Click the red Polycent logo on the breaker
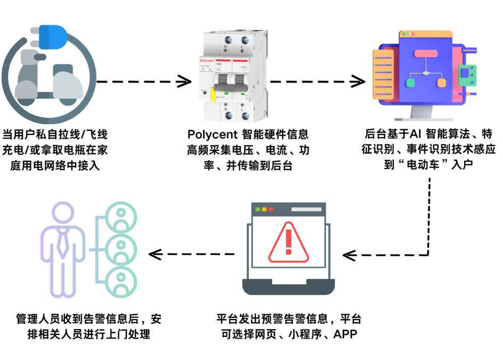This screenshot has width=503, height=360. point(207,61)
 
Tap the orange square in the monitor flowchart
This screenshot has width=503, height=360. point(442,83)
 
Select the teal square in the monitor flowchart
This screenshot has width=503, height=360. point(410,83)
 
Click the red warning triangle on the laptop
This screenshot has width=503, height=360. point(288,243)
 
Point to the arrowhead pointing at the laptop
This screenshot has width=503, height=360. point(349,255)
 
